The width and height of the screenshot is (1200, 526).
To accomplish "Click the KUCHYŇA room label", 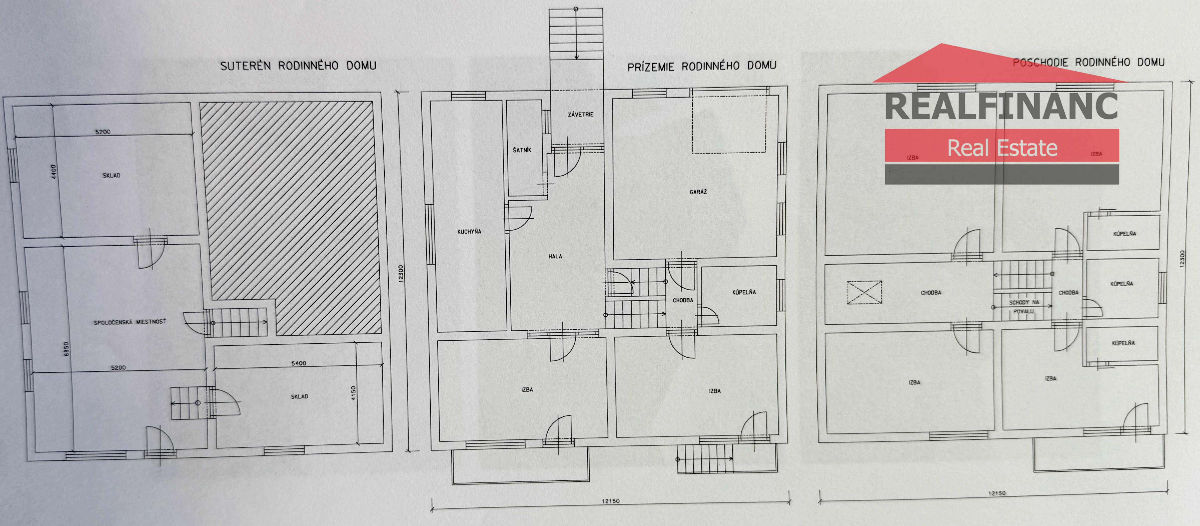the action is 469,231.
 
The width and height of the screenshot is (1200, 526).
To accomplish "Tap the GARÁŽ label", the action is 698,192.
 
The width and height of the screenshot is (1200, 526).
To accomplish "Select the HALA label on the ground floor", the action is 555,256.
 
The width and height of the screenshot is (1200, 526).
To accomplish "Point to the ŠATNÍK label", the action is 522,150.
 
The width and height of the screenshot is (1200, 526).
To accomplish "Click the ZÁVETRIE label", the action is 581,114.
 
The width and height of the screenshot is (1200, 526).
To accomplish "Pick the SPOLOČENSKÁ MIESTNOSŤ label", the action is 130,322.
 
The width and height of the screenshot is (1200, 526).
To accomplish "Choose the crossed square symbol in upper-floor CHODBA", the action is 864,293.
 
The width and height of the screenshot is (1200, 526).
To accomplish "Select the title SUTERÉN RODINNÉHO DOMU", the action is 298,66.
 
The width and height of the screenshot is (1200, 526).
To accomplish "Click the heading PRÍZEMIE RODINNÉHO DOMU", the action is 702,66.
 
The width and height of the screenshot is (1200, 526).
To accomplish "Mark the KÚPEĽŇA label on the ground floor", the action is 744,292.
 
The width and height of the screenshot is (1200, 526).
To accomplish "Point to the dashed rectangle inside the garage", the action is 729,124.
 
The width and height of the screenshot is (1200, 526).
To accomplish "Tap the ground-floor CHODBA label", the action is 683,300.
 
